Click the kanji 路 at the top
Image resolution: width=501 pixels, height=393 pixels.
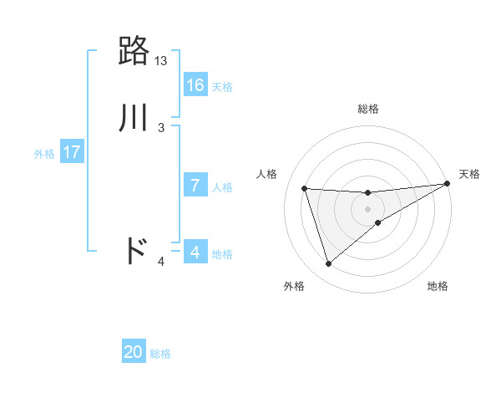134,51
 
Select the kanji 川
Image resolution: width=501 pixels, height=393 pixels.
134,117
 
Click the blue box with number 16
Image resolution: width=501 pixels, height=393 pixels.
195,85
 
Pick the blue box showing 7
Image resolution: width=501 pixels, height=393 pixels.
195,186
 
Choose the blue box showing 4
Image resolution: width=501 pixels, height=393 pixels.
195,252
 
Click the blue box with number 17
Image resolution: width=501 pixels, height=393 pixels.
72,152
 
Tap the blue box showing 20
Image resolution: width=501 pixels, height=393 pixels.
134,352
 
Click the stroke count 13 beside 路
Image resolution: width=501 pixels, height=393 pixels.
161,61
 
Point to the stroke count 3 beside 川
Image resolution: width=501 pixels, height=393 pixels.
161,128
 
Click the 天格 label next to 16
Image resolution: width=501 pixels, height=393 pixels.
222,87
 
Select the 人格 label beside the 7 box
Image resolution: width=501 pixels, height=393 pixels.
222,187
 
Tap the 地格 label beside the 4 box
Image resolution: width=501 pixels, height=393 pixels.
222,253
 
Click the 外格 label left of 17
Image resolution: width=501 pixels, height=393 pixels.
44,154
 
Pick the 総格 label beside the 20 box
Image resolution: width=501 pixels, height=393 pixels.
160,354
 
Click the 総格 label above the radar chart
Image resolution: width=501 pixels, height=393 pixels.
368,109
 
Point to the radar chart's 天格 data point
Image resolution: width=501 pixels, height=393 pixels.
447,184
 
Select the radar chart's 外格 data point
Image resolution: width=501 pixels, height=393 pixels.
328,264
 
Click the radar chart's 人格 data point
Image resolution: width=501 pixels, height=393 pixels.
305,188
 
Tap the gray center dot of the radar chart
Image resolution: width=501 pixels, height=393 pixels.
368,209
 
